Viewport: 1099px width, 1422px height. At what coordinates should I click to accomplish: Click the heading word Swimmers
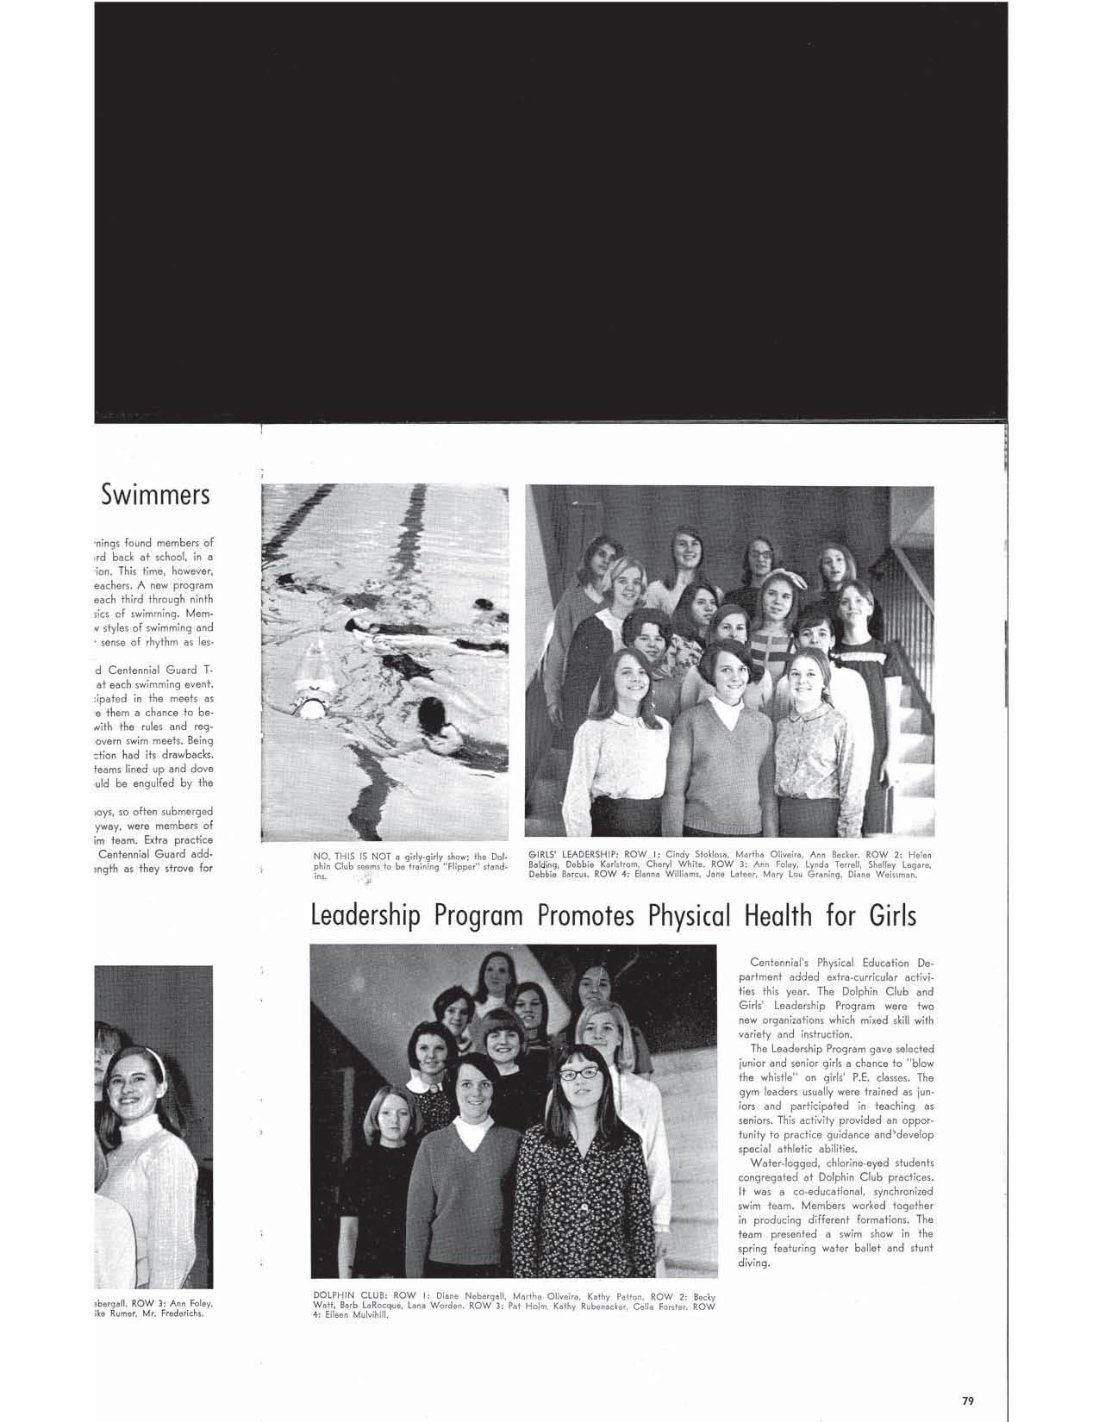click(x=155, y=495)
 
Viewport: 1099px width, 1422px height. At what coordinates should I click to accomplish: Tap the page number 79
click(x=968, y=1376)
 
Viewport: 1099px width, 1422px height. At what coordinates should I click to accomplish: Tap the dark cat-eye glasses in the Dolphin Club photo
click(x=578, y=1074)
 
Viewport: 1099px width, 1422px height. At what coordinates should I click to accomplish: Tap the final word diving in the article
click(x=753, y=1263)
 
